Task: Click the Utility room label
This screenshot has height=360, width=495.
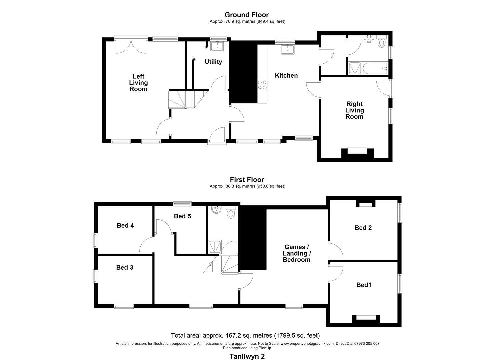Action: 213,62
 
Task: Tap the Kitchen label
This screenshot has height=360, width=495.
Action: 286,76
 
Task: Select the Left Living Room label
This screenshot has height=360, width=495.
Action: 138,83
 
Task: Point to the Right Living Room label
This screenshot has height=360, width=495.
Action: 354,110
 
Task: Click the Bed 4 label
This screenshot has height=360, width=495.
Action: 125,226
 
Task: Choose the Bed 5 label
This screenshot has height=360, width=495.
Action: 182,216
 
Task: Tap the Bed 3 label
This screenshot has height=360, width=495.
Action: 125,268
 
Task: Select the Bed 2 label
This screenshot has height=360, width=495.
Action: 363,228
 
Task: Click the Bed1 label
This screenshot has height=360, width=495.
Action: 364,285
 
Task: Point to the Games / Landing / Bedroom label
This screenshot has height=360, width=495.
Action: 296,253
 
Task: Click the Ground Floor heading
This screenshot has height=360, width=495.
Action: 246,15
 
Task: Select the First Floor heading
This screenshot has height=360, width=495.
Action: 247,180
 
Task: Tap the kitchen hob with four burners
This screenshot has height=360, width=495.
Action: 262,85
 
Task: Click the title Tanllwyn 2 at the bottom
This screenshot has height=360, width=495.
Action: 247,356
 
